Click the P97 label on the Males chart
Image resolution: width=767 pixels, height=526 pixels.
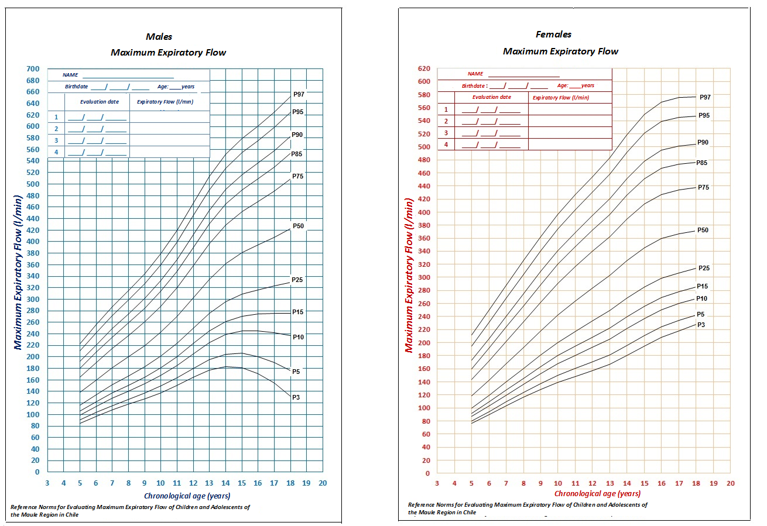(299, 94)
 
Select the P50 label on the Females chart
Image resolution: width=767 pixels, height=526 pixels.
(703, 231)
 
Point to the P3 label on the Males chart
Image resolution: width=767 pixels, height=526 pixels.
(296, 397)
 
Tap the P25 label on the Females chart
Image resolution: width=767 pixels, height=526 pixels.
(704, 269)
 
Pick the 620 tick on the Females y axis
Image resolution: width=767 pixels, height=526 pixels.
(423, 68)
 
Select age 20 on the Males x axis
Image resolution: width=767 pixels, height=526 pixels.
(322, 483)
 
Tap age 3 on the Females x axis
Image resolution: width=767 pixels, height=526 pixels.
(437, 484)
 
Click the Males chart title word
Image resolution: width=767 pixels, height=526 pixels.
(159, 37)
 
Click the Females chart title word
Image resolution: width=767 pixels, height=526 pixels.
(553, 35)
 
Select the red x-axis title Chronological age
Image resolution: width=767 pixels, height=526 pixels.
(597, 494)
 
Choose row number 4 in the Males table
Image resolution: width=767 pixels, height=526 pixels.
(56, 152)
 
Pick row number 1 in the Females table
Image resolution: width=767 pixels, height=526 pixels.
(446, 109)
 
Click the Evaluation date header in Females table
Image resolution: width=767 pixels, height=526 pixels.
(492, 97)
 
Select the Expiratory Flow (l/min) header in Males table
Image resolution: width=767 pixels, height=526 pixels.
(165, 102)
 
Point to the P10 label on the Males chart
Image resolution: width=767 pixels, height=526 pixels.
(297, 338)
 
